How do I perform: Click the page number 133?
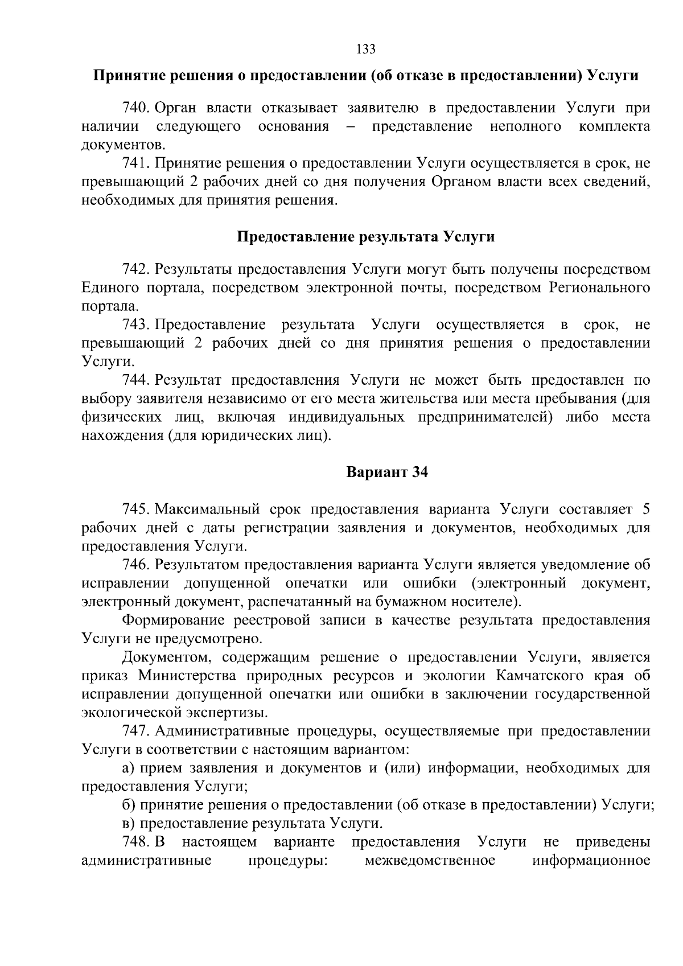(x=365, y=50)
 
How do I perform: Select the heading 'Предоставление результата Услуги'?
(x=365, y=237)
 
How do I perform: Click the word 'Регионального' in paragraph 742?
(x=599, y=287)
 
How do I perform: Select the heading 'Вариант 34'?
(x=387, y=472)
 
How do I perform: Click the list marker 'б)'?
(x=129, y=805)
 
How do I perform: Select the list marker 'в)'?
(x=129, y=823)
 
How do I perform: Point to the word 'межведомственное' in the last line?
(x=429, y=860)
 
